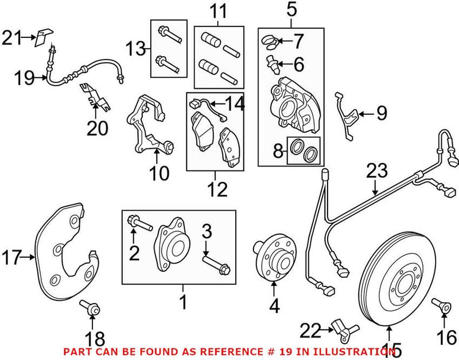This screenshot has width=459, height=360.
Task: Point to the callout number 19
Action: [x=24, y=78]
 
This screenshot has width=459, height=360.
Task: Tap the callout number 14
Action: [x=235, y=104]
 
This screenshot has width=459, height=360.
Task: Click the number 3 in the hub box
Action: [x=206, y=233]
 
